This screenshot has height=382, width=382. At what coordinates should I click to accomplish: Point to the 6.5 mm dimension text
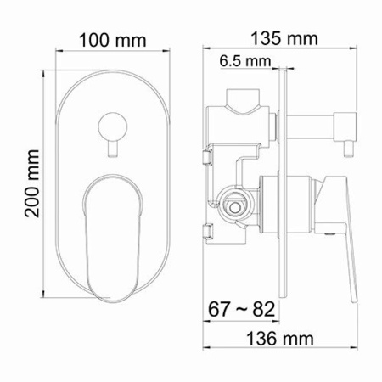[x=243, y=60]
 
